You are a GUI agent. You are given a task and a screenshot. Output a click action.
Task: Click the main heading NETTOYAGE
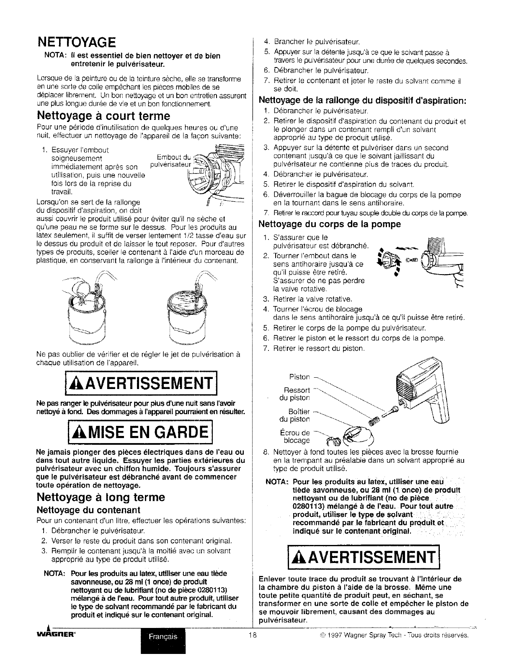point(76,42)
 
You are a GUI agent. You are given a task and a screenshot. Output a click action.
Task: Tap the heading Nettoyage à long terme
point(101,498)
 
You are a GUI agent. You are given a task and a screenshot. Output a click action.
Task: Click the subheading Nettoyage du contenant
point(88,510)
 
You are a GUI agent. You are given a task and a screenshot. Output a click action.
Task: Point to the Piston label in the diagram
point(299,377)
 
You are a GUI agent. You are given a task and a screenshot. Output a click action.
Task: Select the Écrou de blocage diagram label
point(295,436)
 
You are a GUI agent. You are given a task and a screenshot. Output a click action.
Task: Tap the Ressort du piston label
point(297,394)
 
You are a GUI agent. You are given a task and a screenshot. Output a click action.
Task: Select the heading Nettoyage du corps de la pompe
point(330,224)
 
